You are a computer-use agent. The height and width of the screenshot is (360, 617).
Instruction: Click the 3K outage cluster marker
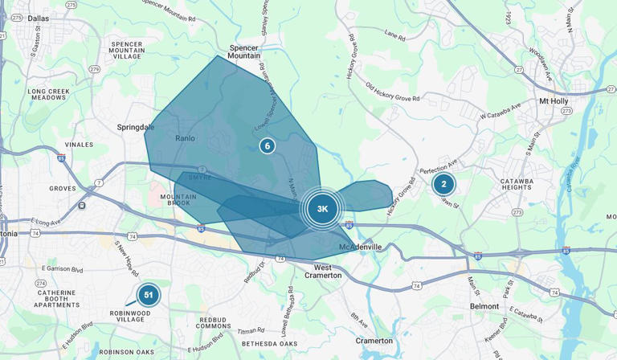tap(322, 209)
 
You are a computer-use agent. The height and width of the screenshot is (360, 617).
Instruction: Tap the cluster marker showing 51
tap(148, 295)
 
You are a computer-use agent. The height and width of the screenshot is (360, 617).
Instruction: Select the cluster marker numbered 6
tap(268, 145)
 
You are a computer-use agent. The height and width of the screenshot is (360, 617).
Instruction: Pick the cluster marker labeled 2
tap(443, 184)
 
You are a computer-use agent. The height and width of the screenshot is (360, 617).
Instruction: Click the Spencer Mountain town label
tap(244, 51)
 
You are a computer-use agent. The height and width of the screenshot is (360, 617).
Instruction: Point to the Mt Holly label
tap(554, 101)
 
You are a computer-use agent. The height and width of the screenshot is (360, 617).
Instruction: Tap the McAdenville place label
tap(360, 247)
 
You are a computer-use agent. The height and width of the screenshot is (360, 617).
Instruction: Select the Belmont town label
tap(484, 306)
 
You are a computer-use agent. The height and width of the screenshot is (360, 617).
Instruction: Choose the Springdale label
tap(136, 127)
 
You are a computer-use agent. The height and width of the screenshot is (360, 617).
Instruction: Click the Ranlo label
tap(185, 138)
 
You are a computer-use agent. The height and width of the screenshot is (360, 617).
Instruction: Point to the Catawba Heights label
tap(517, 184)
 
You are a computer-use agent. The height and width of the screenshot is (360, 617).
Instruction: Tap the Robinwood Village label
tap(130, 317)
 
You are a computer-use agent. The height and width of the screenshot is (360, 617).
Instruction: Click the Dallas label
tap(38, 18)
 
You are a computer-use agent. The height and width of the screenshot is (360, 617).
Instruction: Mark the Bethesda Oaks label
tap(271, 344)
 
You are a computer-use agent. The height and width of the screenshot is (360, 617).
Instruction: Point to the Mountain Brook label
tap(175, 199)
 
